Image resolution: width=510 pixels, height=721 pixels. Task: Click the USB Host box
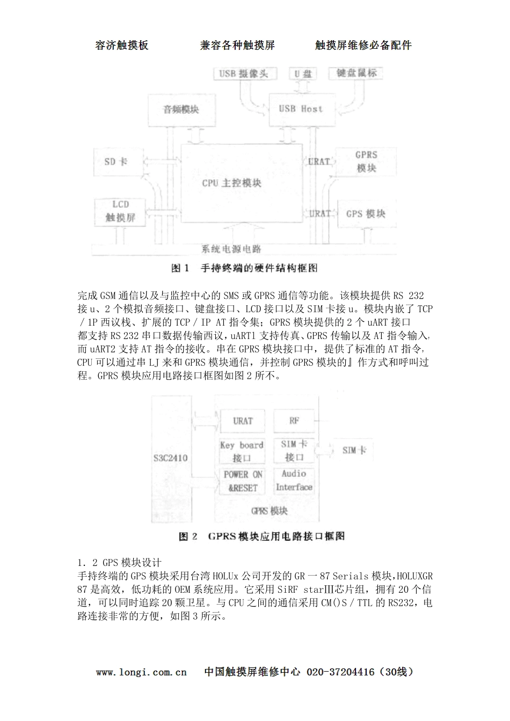[301, 109]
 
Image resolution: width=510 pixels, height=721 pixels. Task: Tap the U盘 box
[303, 73]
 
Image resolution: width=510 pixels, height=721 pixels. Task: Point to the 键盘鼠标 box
[355, 73]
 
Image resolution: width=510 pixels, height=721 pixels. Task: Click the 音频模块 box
[181, 109]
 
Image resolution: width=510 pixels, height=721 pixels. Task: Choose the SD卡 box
[116, 161]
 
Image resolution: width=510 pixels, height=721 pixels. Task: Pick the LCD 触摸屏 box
[120, 211]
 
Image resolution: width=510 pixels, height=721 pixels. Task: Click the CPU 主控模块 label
[231, 183]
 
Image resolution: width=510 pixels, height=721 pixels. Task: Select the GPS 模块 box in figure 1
[366, 214]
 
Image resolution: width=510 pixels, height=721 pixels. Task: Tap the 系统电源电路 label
[231, 248]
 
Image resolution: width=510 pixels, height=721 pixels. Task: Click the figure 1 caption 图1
[180, 268]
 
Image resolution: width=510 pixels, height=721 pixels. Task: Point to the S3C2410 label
[171, 458]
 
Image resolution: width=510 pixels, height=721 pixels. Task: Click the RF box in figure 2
[294, 421]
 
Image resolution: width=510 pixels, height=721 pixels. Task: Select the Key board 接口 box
[242, 451]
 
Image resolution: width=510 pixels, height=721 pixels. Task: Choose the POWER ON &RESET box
[243, 481]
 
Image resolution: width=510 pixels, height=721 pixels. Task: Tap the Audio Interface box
[294, 480]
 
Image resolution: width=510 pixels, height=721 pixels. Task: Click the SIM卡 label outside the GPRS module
[354, 450]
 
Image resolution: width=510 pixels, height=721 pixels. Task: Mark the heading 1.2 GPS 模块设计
[119, 563]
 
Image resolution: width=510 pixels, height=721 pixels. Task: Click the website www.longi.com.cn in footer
[142, 672]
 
